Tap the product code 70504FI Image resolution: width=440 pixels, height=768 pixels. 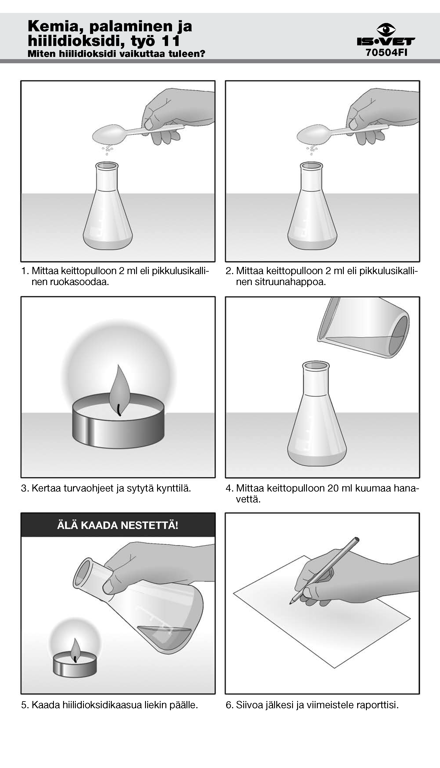387,53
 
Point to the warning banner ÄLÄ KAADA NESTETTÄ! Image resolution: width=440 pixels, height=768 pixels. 118,525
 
